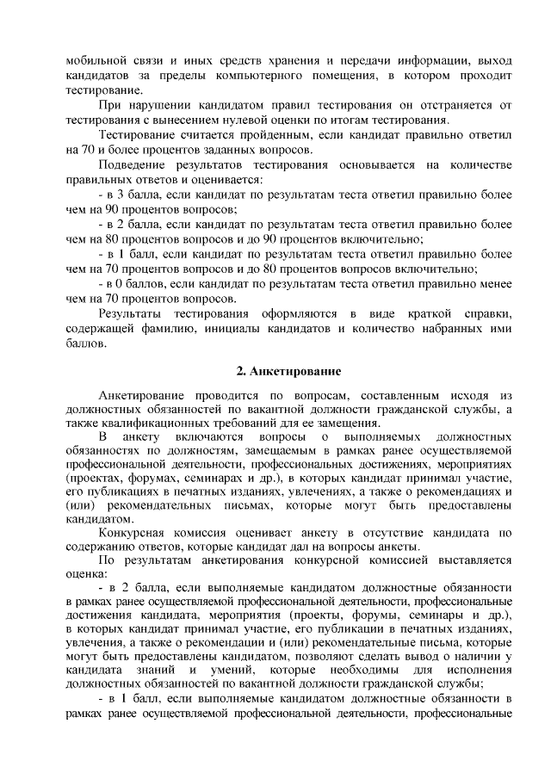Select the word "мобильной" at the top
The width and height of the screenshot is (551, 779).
click(96, 61)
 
